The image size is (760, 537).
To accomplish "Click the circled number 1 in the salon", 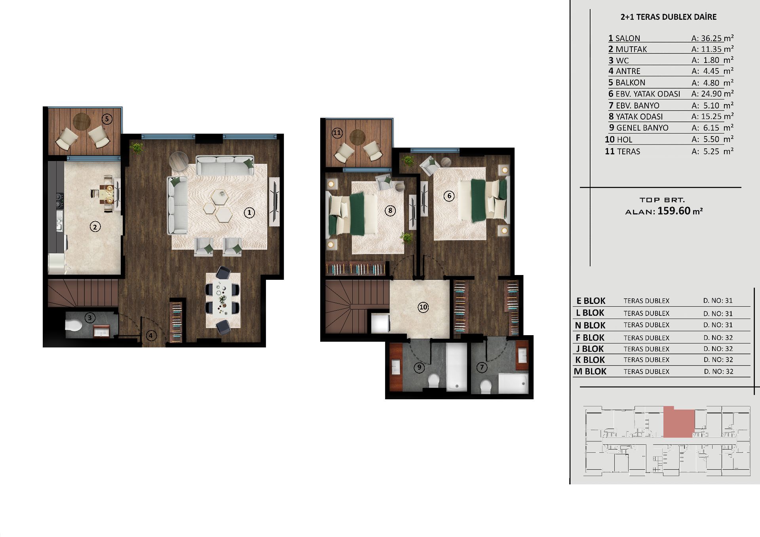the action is coord(249,213).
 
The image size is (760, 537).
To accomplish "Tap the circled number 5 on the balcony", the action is coord(106,119).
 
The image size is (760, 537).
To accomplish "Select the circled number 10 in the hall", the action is coord(423,307).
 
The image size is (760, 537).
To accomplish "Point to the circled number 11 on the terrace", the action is coord(337,133).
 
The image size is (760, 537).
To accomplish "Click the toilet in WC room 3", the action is coord(73,325).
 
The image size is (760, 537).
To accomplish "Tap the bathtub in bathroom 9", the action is coord(457,367).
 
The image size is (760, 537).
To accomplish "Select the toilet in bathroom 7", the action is coord(486,386).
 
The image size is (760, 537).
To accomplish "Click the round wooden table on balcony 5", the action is coord(82,121).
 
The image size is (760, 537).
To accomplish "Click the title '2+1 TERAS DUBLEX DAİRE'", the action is coord(669,17).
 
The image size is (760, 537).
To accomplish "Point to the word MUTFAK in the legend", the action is coord(631,49).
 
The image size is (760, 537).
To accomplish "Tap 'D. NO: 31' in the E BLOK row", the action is coord(718,301).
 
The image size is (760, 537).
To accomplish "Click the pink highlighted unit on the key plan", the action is coord(678,422).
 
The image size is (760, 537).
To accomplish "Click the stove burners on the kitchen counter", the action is coord(59,200).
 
